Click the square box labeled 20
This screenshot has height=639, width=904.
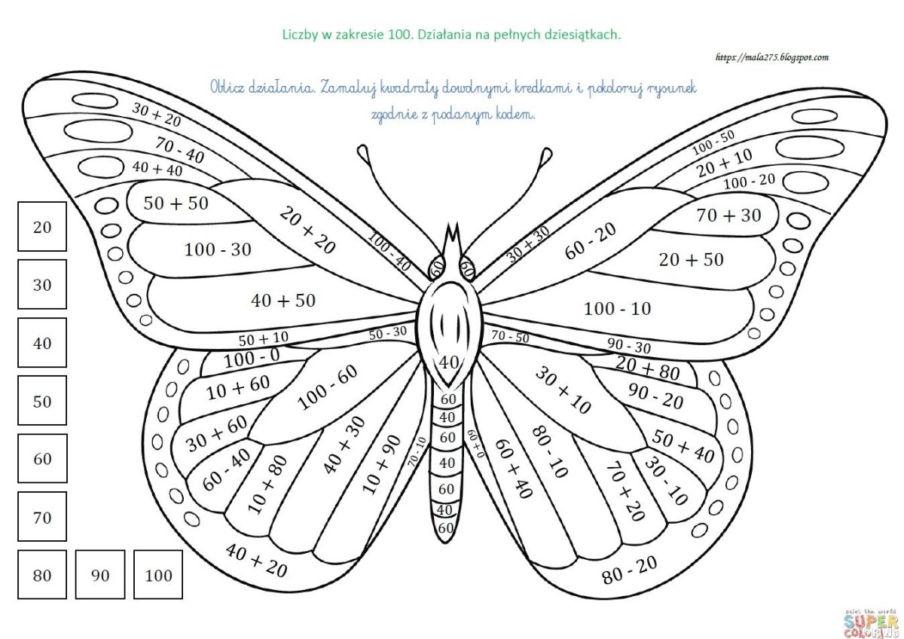click(x=42, y=227)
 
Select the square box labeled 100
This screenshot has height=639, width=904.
click(x=158, y=574)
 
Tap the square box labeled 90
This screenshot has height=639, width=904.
click(x=100, y=574)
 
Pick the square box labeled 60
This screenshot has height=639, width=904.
click(x=42, y=458)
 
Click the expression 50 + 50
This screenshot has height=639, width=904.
click(x=176, y=203)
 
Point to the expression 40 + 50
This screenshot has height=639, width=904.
click(x=283, y=301)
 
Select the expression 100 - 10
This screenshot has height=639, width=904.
click(x=618, y=309)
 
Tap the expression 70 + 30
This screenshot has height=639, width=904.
click(x=728, y=216)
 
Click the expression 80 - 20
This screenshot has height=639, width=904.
click(x=630, y=570)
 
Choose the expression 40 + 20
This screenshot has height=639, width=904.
click(x=257, y=561)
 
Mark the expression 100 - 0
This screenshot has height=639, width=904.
click(x=252, y=358)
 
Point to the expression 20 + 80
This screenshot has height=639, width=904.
click(x=648, y=368)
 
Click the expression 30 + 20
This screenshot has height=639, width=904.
click(x=157, y=115)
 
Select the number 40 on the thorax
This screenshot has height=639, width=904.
click(x=449, y=362)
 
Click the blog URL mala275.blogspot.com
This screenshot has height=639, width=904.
click(x=772, y=57)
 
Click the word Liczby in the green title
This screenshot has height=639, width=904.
click(x=301, y=35)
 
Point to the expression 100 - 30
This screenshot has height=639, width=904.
click(x=218, y=250)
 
